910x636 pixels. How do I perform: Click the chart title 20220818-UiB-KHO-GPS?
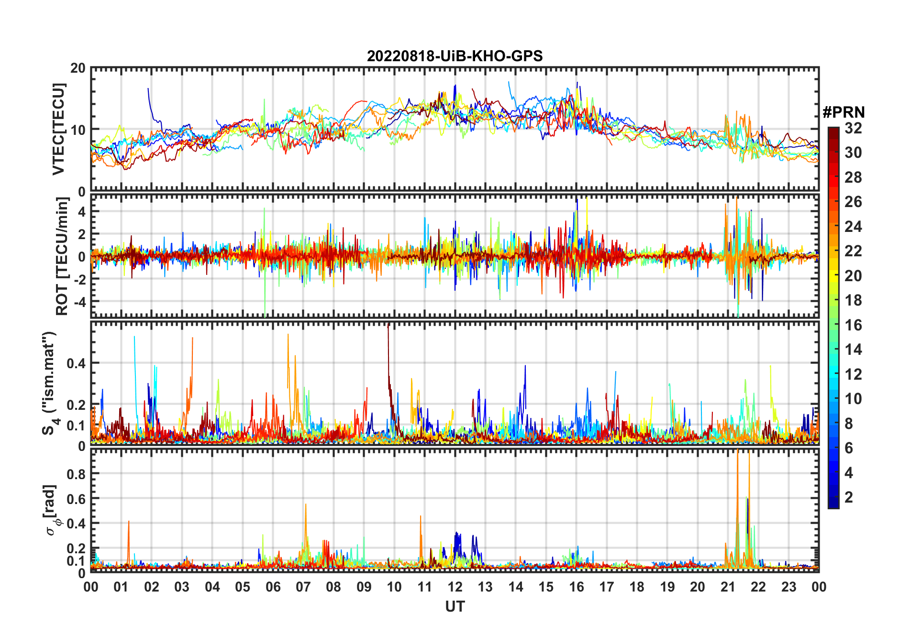pyautogui.click(x=455, y=56)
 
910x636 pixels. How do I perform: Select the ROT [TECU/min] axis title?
pyautogui.click(x=62, y=256)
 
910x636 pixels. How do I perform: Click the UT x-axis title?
pyautogui.click(x=455, y=607)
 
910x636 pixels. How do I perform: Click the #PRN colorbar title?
pyautogui.click(x=843, y=112)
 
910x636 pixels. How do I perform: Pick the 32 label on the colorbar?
pyautogui.click(x=853, y=128)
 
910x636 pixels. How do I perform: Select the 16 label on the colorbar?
pyautogui.click(x=853, y=325)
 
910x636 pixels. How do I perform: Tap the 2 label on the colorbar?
pyautogui.click(x=849, y=497)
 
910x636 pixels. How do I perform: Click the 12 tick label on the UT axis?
pyautogui.click(x=455, y=587)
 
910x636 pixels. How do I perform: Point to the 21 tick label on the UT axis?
pyautogui.click(x=728, y=587)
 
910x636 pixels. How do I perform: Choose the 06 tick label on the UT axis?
pyautogui.click(x=273, y=587)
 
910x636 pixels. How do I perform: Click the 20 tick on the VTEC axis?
pyautogui.click(x=78, y=68)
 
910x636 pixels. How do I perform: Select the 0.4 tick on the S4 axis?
pyautogui.click(x=76, y=363)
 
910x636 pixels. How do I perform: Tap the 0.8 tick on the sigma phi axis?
pyautogui.click(x=76, y=474)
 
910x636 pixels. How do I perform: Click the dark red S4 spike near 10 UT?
pyautogui.click(x=388, y=330)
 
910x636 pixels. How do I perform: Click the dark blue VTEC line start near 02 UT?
pyautogui.click(x=148, y=89)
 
